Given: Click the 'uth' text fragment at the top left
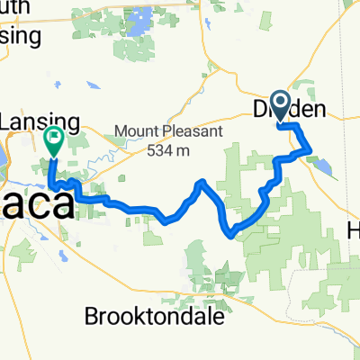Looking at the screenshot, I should (x=18, y=8).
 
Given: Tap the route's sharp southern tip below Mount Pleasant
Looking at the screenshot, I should (x=233, y=236).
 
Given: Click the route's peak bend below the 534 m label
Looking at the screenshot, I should (x=202, y=183).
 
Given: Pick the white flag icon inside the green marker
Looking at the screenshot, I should (x=52, y=138).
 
